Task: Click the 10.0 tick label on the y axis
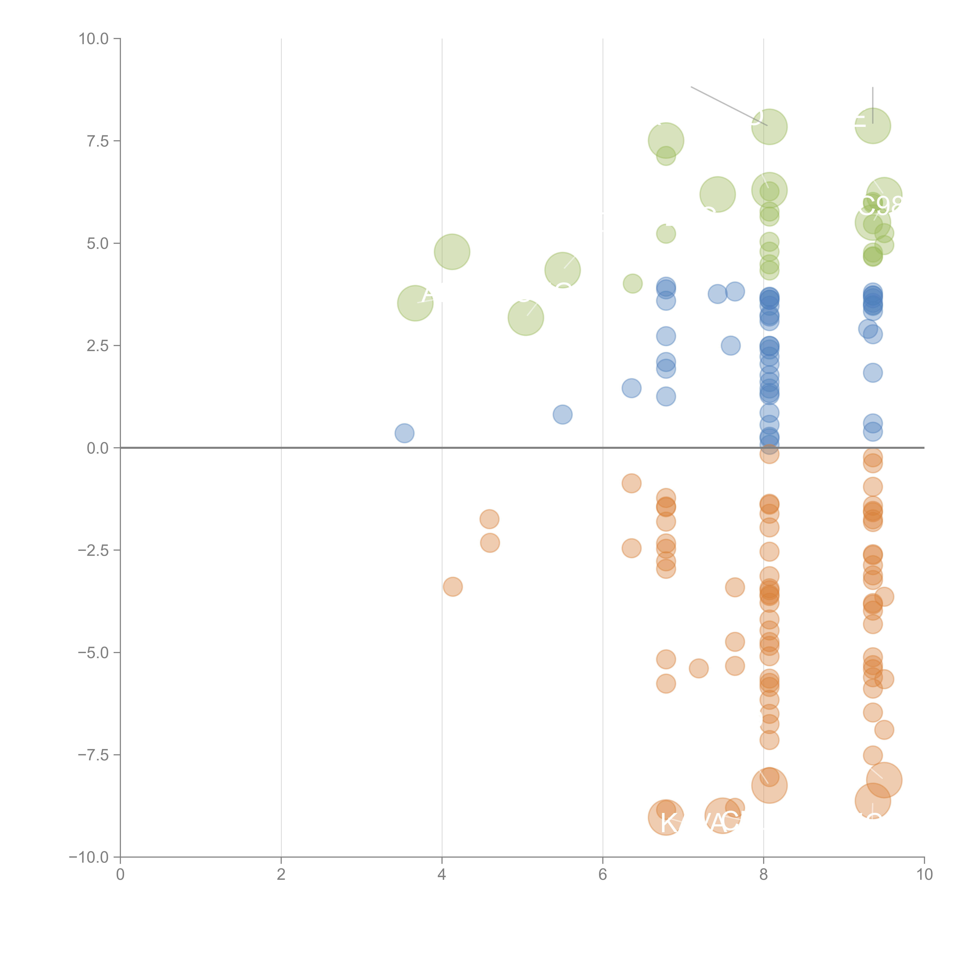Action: (x=94, y=39)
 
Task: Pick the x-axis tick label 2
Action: (x=281, y=874)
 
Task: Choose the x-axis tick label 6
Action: (x=603, y=874)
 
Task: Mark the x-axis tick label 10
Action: (x=924, y=874)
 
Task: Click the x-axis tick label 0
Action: (x=120, y=874)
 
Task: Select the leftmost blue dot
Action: (x=404, y=433)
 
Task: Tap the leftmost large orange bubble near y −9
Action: (x=666, y=817)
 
